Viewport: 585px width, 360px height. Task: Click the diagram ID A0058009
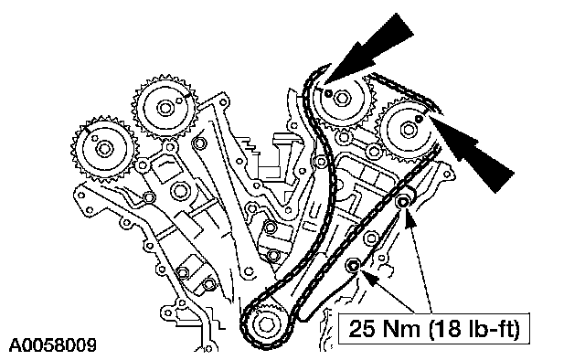click(53, 345)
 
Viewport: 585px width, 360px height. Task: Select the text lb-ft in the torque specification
click(490, 329)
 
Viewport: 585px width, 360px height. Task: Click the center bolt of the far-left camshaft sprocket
click(104, 149)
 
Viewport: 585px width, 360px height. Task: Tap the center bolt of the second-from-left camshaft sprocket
click(165, 108)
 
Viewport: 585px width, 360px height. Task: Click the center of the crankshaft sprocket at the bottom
click(266, 324)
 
